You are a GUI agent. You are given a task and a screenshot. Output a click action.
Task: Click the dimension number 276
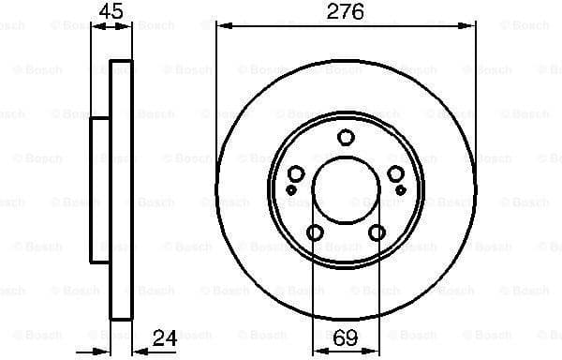345,11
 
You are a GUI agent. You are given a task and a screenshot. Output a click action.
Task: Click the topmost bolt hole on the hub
346,139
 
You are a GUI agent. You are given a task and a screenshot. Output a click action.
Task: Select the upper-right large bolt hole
396,174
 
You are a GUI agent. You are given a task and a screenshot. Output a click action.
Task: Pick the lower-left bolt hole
314,234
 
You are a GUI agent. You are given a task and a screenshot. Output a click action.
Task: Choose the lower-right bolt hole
377,234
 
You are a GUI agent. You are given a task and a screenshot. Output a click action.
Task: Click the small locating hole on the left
290,190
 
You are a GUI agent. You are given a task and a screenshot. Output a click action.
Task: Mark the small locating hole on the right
401,190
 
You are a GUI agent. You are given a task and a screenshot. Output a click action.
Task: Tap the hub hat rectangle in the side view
100,190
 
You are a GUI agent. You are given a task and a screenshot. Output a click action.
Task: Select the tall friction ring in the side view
119,190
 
